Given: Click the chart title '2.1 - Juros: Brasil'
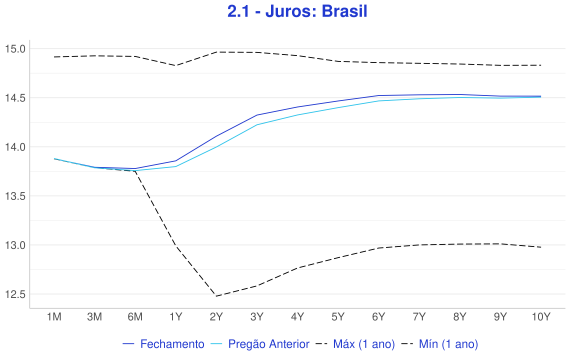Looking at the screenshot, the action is [x=297, y=11].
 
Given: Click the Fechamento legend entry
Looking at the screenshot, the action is [x=164, y=344].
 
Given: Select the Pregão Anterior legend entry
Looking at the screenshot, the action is [x=260, y=344].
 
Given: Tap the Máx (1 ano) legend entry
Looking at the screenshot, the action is [x=355, y=344].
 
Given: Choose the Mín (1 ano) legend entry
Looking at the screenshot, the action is [x=440, y=344].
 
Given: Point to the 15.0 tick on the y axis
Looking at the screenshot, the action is [x=15, y=49].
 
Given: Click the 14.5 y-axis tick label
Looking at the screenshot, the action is [x=15, y=98].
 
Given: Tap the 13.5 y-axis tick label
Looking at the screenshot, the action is [x=15, y=196].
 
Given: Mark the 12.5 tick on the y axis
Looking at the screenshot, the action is [x=15, y=294].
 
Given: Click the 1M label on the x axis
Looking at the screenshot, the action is [x=54, y=317].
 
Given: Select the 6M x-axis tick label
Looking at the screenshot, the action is [x=135, y=317].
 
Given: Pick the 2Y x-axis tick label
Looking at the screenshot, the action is [x=216, y=317].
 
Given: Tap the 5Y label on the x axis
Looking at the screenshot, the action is [x=338, y=317].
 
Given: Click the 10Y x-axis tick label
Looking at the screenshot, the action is [x=541, y=317].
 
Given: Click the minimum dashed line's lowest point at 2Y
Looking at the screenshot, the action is [x=216, y=296].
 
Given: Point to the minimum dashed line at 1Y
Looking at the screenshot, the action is [x=176, y=247].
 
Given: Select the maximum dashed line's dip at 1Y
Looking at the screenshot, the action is [x=176, y=65].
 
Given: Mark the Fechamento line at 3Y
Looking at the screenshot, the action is [x=257, y=115].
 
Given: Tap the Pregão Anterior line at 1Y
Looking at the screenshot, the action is [x=176, y=167].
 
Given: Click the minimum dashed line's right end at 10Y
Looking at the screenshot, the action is [x=541, y=247].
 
